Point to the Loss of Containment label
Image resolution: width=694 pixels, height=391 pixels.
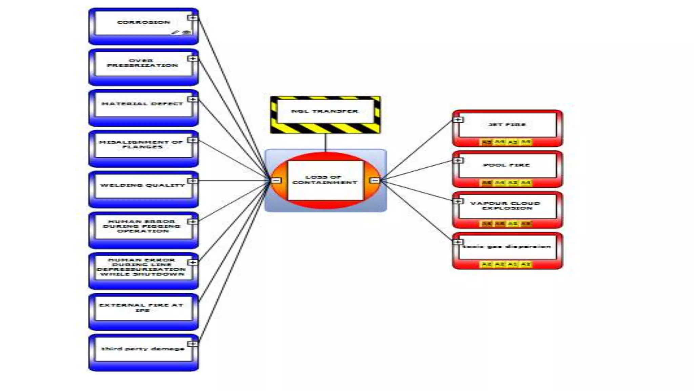[x=325, y=180]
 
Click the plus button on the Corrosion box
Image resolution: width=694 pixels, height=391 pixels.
[x=193, y=18]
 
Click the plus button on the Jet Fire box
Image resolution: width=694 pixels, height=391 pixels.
[x=458, y=120]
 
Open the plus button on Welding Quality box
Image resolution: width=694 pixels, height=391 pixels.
[x=193, y=181]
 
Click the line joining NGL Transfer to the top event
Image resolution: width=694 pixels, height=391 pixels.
[x=325, y=142]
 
